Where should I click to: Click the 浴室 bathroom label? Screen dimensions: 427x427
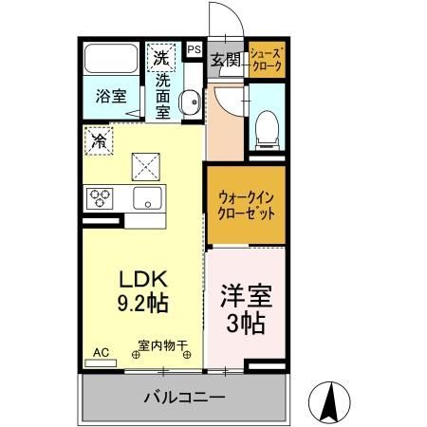click(111, 95)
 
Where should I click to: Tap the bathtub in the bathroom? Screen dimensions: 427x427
click(112, 62)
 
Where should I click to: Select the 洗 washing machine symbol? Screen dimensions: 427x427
click(159, 58)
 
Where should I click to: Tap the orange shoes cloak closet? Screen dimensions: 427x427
click(266, 61)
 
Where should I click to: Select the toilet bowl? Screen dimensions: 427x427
click(267, 125)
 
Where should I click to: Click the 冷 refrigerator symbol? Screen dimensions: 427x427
click(99, 142)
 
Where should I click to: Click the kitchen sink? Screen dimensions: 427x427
click(146, 198)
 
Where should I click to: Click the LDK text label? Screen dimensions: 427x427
click(142, 280)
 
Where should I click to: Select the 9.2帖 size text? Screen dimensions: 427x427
click(142, 305)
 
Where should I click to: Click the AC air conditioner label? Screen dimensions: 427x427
click(102, 352)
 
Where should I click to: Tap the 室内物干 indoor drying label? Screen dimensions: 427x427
click(163, 345)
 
